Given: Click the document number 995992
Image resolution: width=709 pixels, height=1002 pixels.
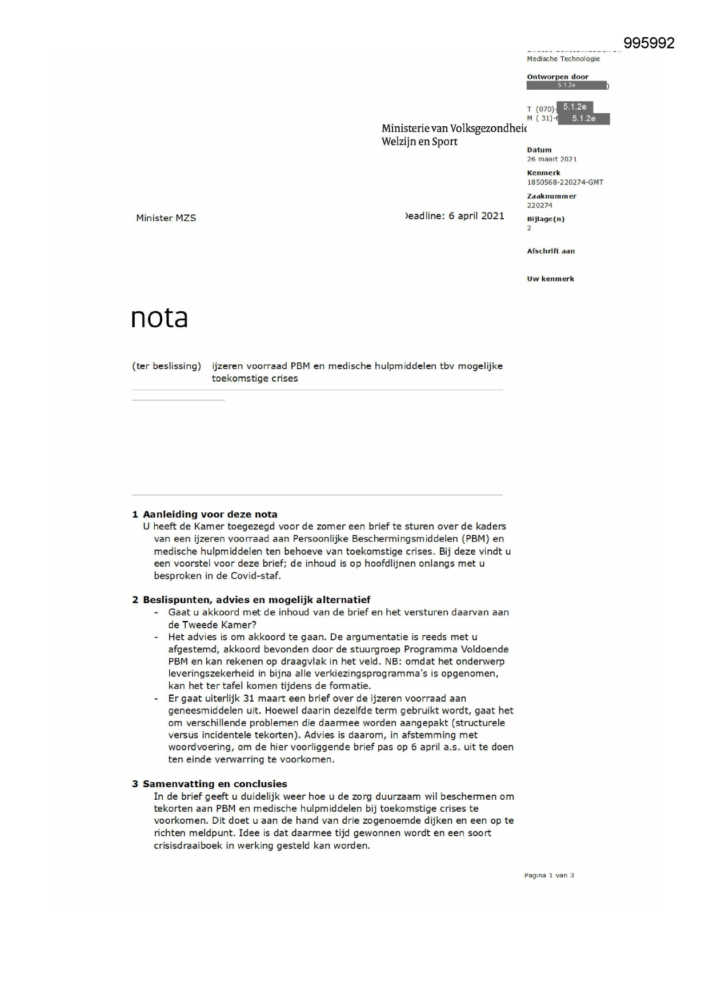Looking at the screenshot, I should pos(648,43).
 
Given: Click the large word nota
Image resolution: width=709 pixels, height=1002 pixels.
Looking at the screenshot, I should pos(159,318).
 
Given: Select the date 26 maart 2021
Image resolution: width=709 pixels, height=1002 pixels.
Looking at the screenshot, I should pos(551,159).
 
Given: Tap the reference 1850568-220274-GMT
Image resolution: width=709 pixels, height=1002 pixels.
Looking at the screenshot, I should pos(564,182).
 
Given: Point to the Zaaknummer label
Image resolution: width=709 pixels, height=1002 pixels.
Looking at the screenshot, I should pos(551,196).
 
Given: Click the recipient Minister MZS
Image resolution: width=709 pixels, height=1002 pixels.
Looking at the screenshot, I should pos(166,218).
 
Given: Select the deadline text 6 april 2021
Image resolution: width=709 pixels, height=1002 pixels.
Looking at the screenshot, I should pos(476,216).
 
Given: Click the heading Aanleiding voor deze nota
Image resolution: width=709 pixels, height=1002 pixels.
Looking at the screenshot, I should pos(210,514).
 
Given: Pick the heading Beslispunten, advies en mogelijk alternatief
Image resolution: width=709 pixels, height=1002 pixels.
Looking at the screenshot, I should pos(257,600).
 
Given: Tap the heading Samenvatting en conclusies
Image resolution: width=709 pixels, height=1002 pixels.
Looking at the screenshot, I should pos(215,784).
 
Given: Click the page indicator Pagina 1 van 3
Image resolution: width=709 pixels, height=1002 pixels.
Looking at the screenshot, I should pos(548,875).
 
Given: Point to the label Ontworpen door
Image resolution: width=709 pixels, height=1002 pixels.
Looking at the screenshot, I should pos(557,77).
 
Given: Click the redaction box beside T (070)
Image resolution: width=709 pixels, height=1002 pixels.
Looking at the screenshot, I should pos(574,107).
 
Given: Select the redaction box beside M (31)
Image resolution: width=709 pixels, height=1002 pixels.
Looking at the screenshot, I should pos(583,119).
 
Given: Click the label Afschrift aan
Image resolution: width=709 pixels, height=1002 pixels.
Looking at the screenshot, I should pos(551,251).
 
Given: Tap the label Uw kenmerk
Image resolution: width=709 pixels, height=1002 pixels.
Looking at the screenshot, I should pos(550,279).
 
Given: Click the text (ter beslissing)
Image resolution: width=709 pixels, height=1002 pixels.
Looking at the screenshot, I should pos(166,366).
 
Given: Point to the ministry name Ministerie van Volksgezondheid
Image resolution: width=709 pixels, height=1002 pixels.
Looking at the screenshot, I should pos(454,129).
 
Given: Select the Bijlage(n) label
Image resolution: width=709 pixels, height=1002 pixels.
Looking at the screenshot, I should pos(546,219).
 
